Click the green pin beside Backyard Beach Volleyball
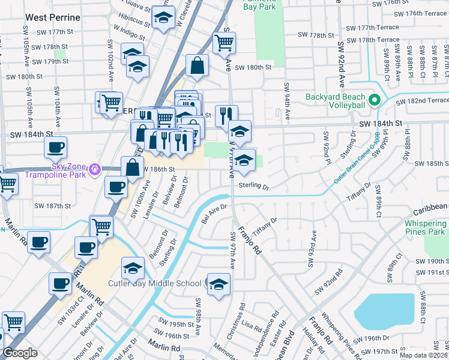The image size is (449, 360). tap(375, 100)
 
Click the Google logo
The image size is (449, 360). tap(20, 353)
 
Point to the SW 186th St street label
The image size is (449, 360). tap(158, 170)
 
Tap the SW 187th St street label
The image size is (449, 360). tap(52, 206)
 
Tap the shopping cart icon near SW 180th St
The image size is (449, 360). tap(224, 43)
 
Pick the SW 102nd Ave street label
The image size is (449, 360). tap(111, 66)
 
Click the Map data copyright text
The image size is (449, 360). tap(424, 355)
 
